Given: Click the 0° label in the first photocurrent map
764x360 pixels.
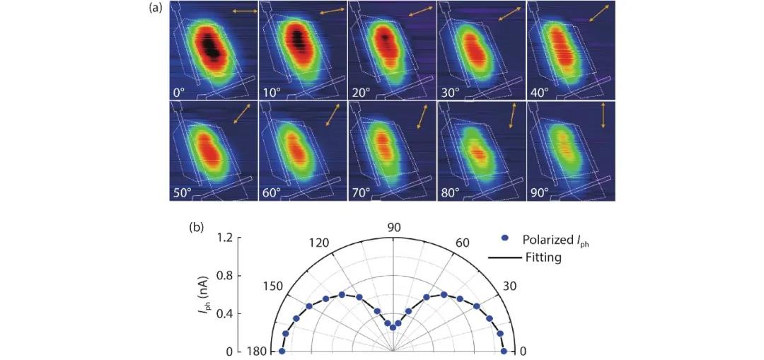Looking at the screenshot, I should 180,92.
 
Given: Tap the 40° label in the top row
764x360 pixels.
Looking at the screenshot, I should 539,92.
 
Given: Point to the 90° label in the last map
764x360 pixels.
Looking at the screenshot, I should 539,192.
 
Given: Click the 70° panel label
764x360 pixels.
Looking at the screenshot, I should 361,192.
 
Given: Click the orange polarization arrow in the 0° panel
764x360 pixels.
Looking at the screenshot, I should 244,12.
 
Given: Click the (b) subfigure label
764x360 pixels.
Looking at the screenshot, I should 197,228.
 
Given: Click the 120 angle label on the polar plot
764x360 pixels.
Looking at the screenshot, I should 320,243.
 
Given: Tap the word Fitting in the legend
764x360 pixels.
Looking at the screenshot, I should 542,258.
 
